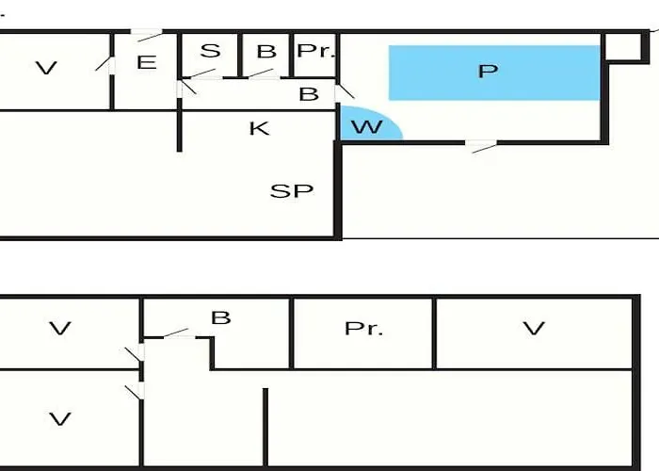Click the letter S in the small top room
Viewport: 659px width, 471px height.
(210, 51)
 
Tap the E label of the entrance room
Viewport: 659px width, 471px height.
(147, 62)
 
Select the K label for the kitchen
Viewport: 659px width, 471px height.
(259, 128)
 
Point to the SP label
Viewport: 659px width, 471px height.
(292, 191)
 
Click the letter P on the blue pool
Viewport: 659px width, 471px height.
(488, 71)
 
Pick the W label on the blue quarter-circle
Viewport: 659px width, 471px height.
(367, 126)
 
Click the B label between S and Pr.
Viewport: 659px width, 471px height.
(266, 51)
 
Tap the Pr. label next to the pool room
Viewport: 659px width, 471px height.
(316, 51)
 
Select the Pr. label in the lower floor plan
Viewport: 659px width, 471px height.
(363, 329)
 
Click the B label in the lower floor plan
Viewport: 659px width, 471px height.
(220, 318)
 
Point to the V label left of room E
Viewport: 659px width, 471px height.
(46, 68)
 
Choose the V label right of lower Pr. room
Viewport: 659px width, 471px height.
(534, 328)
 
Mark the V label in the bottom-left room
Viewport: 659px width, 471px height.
(59, 419)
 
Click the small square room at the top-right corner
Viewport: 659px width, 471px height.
(623, 47)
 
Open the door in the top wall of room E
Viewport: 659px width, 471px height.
(146, 35)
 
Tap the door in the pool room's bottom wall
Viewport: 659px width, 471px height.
(481, 146)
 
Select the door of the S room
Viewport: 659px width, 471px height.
(201, 74)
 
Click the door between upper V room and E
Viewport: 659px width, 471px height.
(106, 65)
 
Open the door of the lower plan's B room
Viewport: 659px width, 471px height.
(180, 333)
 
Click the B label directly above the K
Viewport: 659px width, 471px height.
(309, 94)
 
